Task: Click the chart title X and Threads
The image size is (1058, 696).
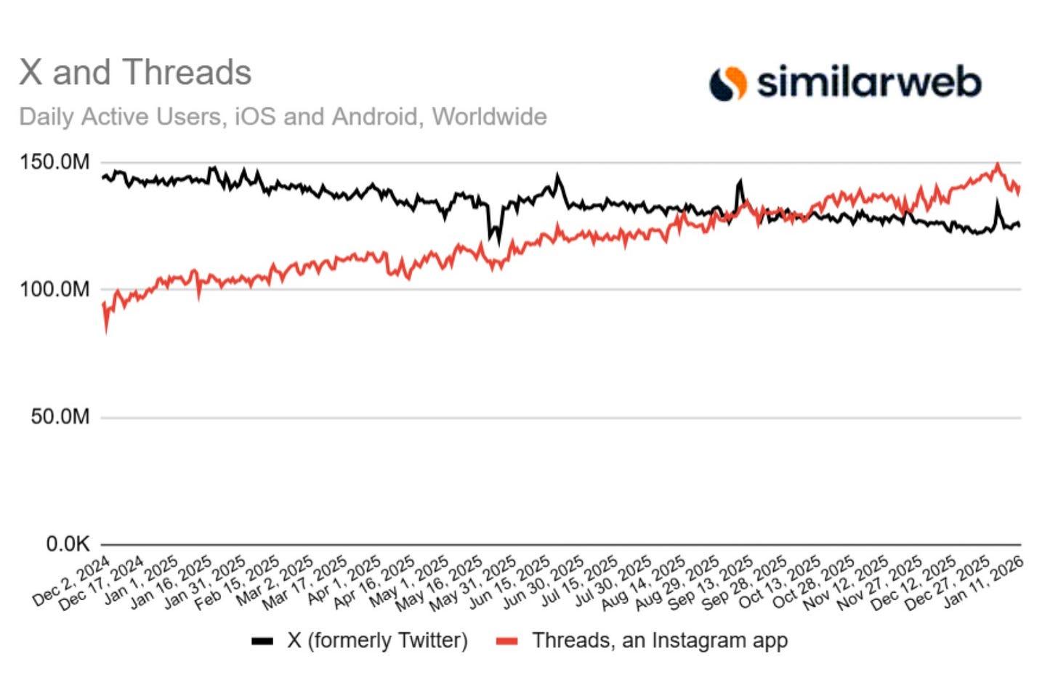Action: (x=135, y=73)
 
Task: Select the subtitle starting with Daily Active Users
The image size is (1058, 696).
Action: (x=283, y=116)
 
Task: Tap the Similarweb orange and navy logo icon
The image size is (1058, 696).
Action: (x=727, y=83)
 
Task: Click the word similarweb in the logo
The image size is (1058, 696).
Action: (x=868, y=81)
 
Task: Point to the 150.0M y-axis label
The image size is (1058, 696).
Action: (x=55, y=162)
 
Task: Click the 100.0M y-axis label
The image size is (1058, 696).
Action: (x=55, y=289)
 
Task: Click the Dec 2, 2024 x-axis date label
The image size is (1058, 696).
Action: (x=72, y=581)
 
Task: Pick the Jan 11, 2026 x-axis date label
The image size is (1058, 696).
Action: (x=984, y=582)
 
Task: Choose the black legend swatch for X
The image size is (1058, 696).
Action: (x=262, y=641)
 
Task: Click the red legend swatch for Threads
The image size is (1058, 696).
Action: (x=506, y=641)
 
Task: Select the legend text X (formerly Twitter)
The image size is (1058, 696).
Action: (x=377, y=640)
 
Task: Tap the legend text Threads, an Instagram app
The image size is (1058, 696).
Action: (x=659, y=640)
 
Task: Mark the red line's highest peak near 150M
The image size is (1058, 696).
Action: (x=998, y=165)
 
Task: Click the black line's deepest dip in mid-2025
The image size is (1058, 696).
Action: (x=498, y=241)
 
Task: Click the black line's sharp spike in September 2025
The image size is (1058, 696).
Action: (x=740, y=181)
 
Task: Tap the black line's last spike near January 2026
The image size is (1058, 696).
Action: (x=997, y=204)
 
